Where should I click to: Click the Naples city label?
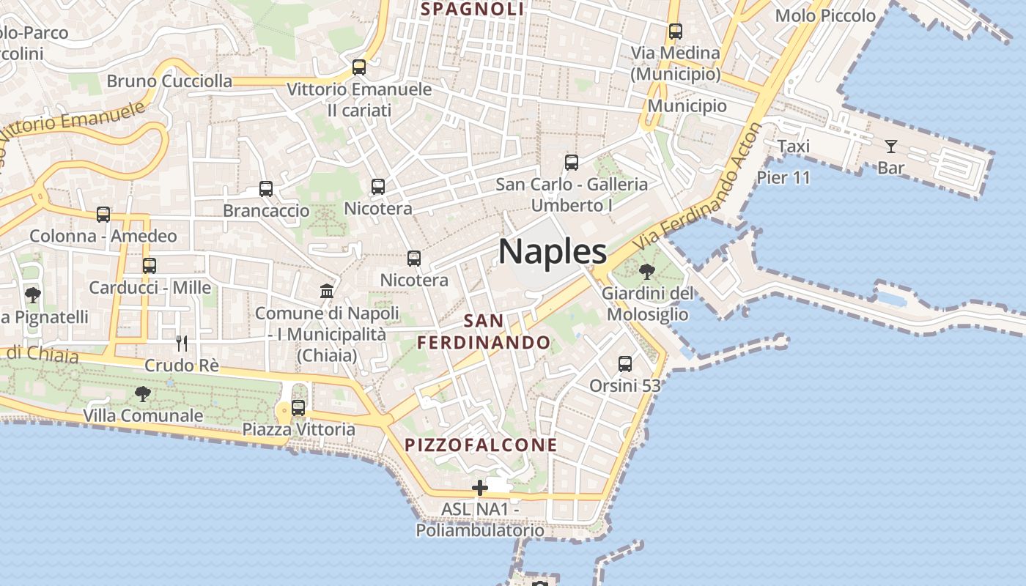(553, 252)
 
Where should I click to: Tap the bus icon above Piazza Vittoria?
(298, 408)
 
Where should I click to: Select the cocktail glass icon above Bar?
(891, 146)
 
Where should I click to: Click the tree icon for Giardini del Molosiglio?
(646, 272)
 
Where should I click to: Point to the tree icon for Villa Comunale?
(143, 394)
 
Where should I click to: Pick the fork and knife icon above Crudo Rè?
(181, 343)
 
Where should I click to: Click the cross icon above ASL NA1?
(480, 488)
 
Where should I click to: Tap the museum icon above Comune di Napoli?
(327, 292)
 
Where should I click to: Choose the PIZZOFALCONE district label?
(481, 445)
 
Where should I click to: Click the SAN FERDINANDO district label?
(484, 332)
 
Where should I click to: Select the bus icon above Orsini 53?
(625, 363)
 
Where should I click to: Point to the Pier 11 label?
(783, 178)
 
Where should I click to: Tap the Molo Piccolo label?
(825, 16)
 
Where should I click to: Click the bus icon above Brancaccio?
(266, 189)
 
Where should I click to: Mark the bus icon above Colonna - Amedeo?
(103, 215)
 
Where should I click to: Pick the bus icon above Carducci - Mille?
(150, 265)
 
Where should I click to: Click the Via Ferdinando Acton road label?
(699, 187)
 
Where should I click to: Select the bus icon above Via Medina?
(675, 31)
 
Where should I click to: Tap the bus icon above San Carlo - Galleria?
(572, 163)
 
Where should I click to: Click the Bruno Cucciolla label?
(169, 81)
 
